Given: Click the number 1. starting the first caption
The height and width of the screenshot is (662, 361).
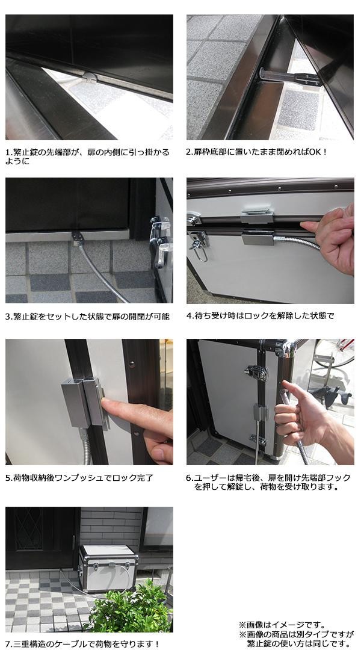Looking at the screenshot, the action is pyautogui.click(x=8, y=152).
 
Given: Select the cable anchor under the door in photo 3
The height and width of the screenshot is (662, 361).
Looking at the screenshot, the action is pyautogui.click(x=78, y=238).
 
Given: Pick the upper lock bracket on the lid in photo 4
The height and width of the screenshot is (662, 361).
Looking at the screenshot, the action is pyautogui.click(x=257, y=215).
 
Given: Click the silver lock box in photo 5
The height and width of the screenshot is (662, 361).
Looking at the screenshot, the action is pyautogui.click(x=83, y=401).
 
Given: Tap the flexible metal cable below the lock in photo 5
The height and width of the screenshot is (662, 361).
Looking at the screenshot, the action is pyautogui.click(x=86, y=445).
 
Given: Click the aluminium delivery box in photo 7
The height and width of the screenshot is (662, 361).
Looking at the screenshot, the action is pyautogui.click(x=108, y=568).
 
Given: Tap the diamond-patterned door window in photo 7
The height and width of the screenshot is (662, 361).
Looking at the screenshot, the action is pyautogui.click(x=29, y=528).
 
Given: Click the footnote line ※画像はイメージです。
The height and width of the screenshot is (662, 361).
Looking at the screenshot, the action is pyautogui.click(x=282, y=625).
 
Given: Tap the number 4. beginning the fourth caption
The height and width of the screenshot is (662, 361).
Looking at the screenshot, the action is pyautogui.click(x=190, y=316).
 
